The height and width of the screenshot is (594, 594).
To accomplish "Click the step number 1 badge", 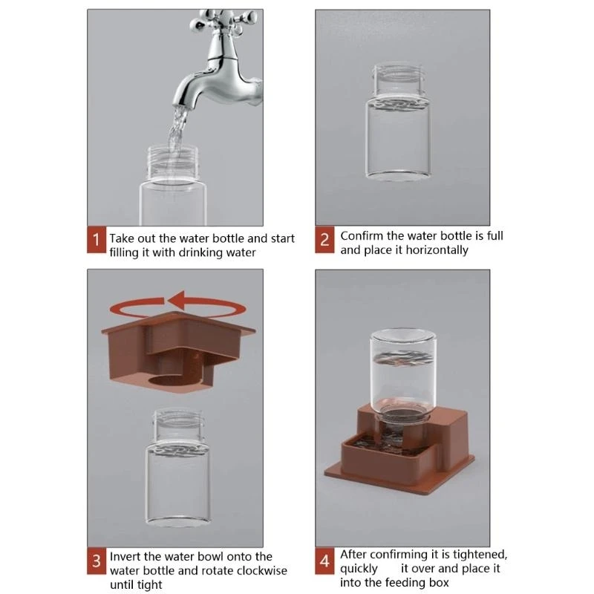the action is point(97,240).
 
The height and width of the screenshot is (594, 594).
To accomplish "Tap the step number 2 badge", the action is point(324,240).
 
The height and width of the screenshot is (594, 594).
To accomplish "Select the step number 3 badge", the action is point(97,561).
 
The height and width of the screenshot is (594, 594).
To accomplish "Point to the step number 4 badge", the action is point(324,561).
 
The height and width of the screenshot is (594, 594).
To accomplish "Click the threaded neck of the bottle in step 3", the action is point(178,424).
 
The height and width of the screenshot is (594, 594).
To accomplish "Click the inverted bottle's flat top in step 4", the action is point(402,336).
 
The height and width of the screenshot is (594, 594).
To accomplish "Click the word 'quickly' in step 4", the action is point(359,569).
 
